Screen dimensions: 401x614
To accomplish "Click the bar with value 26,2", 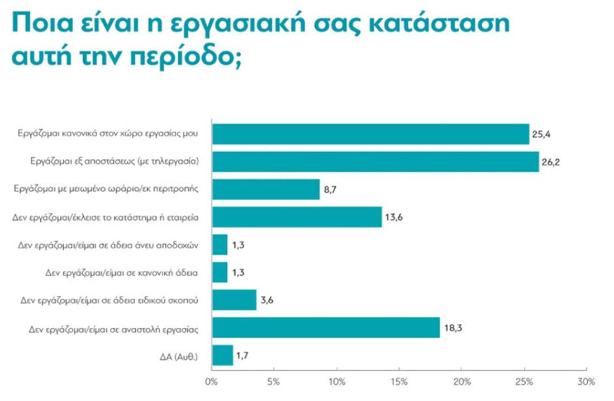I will (375, 162).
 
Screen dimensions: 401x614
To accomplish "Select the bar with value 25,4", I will (370, 134).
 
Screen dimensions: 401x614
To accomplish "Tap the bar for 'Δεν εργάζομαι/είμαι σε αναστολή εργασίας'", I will (325, 328).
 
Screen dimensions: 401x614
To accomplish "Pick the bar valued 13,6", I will (296, 217).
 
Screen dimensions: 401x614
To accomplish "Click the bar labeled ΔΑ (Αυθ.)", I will (222, 355).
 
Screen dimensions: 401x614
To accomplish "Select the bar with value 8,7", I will (265, 190).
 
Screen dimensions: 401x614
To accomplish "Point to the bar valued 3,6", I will (234, 300).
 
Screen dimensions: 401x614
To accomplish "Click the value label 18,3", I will (452, 328).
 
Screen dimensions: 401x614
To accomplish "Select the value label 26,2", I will (552, 162).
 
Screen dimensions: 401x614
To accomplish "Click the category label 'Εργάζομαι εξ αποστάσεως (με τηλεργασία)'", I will (115, 162).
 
